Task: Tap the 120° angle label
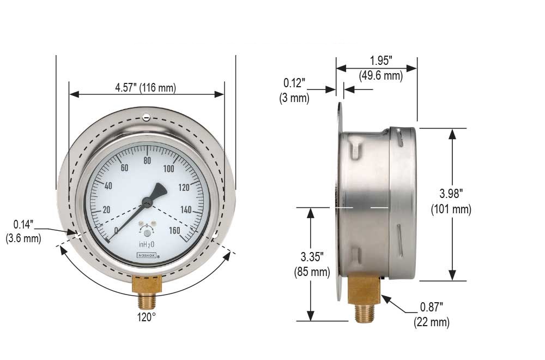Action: click(147, 316)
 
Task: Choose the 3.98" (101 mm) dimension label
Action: click(451, 201)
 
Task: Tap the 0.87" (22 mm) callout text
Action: click(432, 315)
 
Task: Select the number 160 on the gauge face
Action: click(175, 231)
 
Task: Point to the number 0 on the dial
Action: click(116, 231)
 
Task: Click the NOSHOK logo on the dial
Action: click(146, 255)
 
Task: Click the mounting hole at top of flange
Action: click(146, 116)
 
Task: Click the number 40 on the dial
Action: click(108, 186)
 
